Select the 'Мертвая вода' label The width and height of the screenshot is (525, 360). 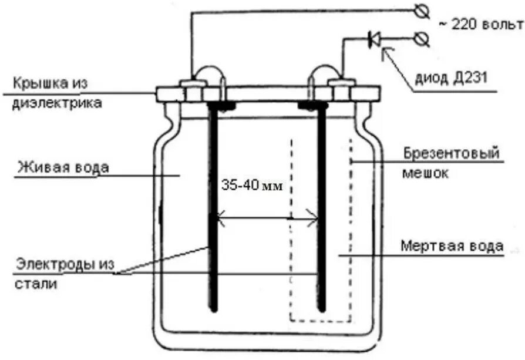click(x=452, y=245)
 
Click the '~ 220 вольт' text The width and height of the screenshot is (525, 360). click(x=480, y=24)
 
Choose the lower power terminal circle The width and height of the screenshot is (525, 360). click(x=421, y=39)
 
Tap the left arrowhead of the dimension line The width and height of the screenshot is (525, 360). click(x=220, y=220)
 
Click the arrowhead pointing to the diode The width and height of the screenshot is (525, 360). click(x=385, y=53)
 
